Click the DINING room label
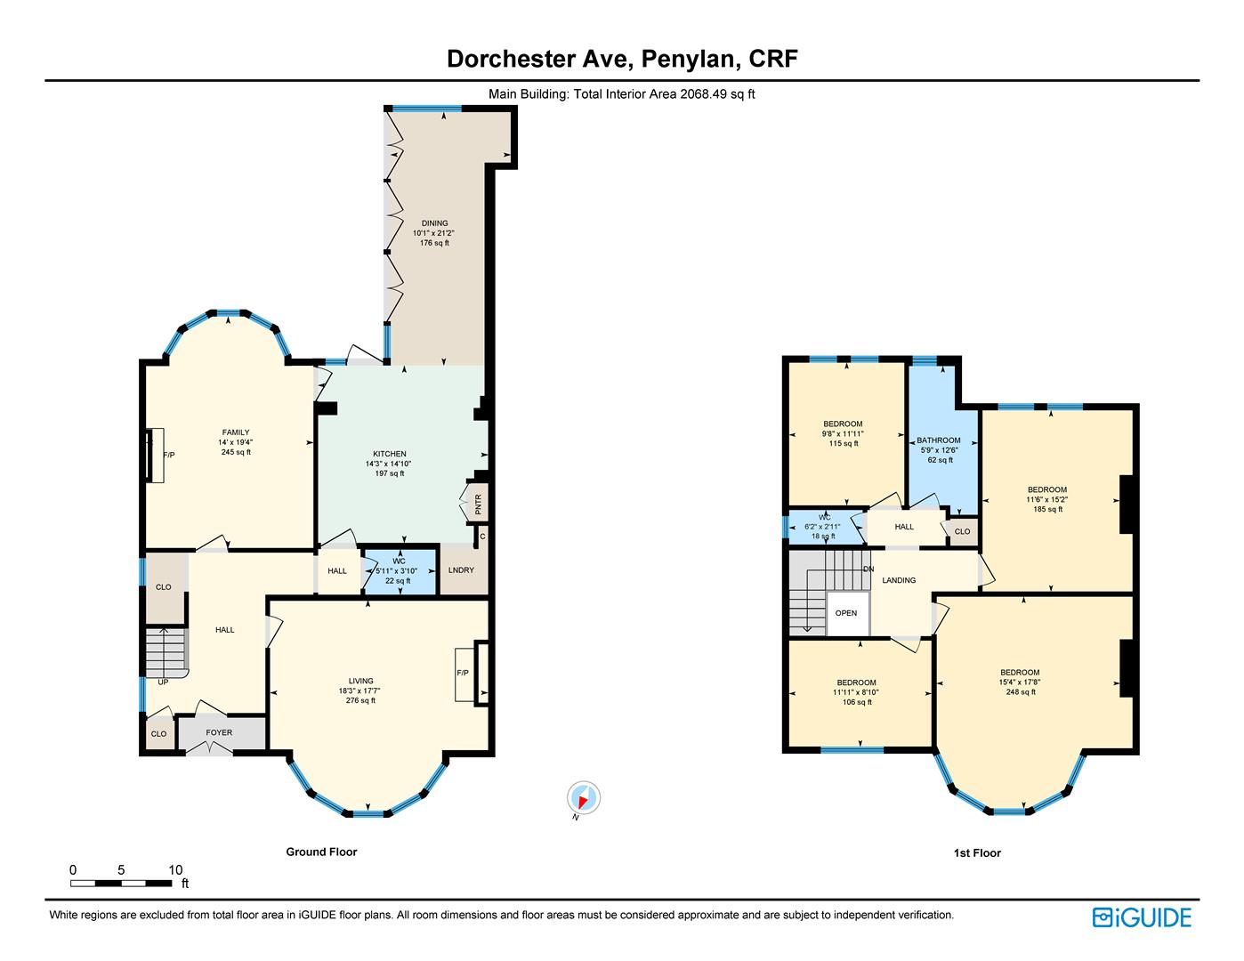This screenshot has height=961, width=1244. (x=434, y=223)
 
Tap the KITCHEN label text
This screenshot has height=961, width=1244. (x=389, y=454)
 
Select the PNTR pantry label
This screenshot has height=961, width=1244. (x=479, y=504)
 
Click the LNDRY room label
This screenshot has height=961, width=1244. (x=461, y=570)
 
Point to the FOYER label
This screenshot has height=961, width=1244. (x=219, y=732)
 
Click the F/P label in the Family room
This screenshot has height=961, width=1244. (x=169, y=455)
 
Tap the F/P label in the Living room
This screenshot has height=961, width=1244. (x=463, y=673)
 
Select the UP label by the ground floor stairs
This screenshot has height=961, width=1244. (x=163, y=682)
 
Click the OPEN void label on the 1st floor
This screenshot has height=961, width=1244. (x=846, y=613)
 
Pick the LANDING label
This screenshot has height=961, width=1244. (x=899, y=580)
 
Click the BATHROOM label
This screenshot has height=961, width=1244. (x=939, y=440)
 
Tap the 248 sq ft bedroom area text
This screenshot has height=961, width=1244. (x=1021, y=692)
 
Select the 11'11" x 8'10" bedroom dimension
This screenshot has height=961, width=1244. (x=856, y=692)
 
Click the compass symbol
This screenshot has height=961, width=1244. (x=584, y=797)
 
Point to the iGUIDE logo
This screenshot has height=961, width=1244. (x=1142, y=918)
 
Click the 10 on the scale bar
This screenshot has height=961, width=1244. (x=175, y=870)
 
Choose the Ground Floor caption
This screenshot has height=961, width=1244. (x=322, y=852)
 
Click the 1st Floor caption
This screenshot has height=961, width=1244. (x=977, y=852)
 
